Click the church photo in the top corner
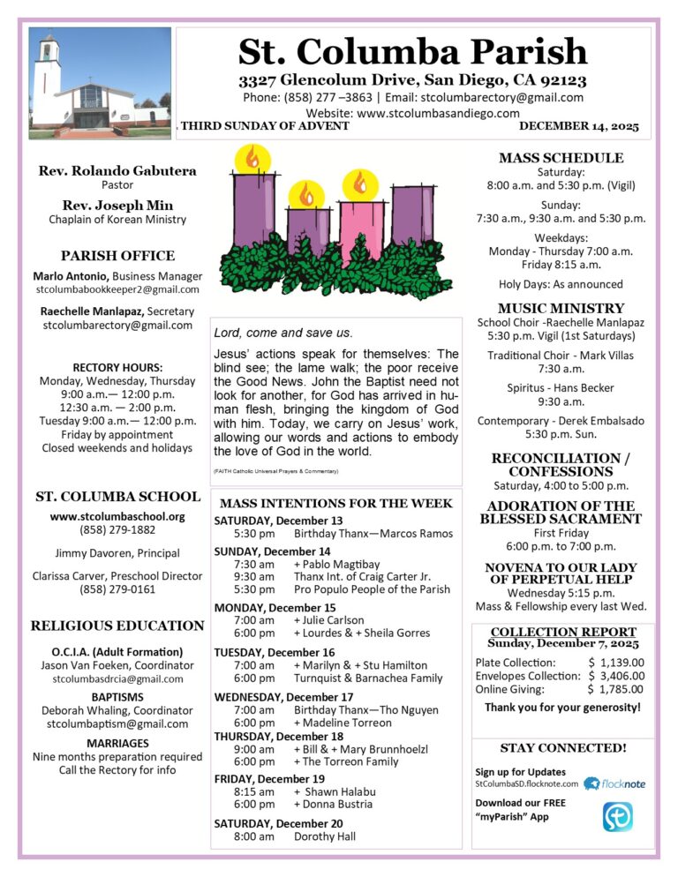point(99,83)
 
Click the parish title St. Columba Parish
point(412,51)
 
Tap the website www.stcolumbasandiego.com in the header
point(412,113)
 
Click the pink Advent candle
point(361,229)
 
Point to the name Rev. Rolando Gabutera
point(117,170)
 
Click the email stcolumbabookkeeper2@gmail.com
point(117,289)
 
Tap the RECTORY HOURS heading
point(117,367)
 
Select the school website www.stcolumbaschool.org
point(117,516)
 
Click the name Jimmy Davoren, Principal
point(117,553)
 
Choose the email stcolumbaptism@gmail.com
point(117,724)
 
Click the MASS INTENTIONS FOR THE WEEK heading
point(335,503)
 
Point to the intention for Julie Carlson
point(328,620)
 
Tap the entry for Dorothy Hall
point(325,836)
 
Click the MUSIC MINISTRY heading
point(561,308)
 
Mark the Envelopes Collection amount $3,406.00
point(616,676)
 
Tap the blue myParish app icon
point(617,817)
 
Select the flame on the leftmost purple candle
point(252,160)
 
